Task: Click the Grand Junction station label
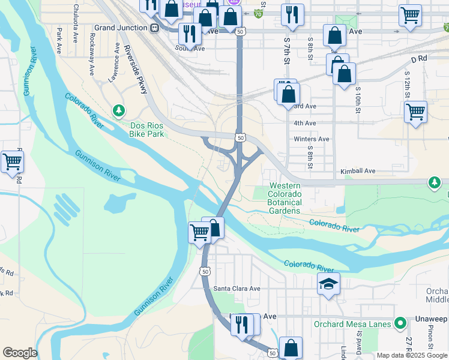121,28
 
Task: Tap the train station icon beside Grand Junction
154,28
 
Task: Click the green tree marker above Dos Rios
119,110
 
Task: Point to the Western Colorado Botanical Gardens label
285,199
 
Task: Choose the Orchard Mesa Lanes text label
352,324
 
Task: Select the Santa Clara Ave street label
237,289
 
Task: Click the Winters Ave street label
312,139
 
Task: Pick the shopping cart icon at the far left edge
12,161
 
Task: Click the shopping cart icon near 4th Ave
415,112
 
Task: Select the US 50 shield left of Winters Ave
240,138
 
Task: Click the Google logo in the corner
19,353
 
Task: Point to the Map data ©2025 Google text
412,355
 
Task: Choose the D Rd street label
418,59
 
